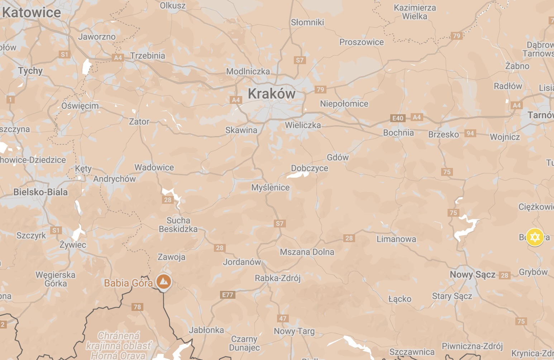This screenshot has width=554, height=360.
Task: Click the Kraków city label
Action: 272,94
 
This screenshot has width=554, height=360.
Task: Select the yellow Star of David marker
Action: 535,237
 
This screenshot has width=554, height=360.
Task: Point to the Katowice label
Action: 32,13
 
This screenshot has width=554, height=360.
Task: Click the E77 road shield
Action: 228,295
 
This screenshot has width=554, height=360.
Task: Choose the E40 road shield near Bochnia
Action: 398,118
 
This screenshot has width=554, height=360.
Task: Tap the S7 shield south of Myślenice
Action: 280,224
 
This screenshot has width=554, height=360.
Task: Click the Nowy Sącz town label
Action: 472,275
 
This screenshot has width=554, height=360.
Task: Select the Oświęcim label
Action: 80,106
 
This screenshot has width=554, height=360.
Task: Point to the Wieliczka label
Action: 303,125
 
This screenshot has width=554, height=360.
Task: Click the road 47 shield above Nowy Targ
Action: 283,318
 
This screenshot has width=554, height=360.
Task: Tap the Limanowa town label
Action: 396,239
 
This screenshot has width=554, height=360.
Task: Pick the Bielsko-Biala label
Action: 40,192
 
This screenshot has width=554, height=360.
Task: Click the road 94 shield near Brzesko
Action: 470,133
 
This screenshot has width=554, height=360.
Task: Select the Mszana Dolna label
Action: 307,252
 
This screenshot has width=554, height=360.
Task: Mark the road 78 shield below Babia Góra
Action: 137,307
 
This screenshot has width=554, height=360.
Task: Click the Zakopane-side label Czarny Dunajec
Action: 244,343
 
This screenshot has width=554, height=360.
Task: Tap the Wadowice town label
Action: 154,167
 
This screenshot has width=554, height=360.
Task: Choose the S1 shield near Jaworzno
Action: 64,54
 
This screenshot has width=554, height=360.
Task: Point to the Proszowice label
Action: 362,42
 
